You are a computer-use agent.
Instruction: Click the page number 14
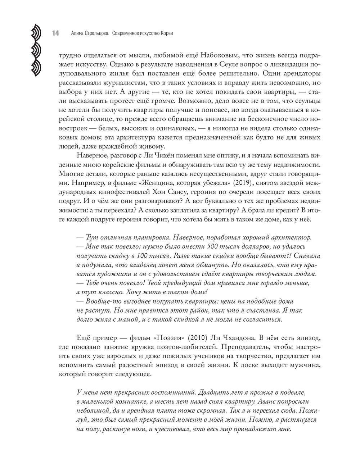55,33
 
